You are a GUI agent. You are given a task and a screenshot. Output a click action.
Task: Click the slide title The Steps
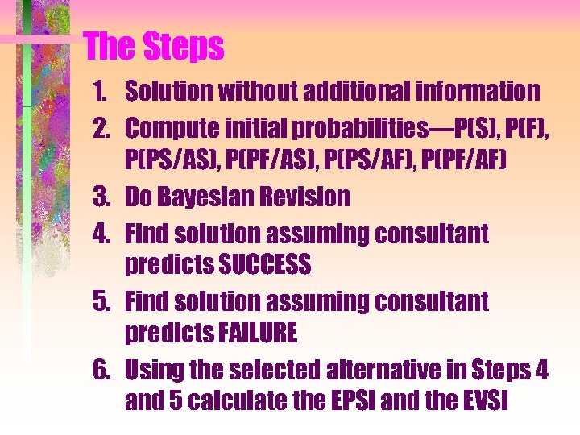pyautogui.click(x=154, y=47)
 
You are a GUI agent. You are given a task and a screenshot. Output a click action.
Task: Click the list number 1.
pyautogui.click(x=102, y=92)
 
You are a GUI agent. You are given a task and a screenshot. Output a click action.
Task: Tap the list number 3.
pyautogui.click(x=101, y=197)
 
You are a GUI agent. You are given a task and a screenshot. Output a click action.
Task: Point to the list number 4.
pyautogui.click(x=101, y=234)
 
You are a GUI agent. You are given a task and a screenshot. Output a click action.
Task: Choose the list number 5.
pyautogui.click(x=101, y=302)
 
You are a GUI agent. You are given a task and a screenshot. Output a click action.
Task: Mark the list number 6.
pyautogui.click(x=101, y=371)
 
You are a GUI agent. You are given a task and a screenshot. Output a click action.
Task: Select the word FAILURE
pyautogui.click(x=252, y=332)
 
